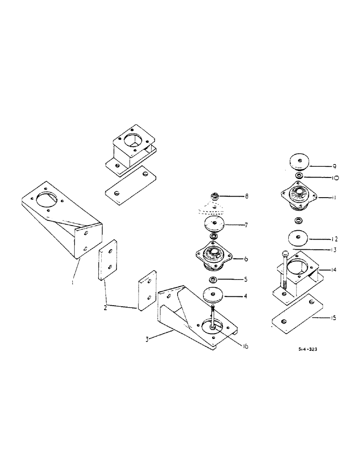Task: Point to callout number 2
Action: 105,308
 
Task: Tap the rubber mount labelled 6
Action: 215,256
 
